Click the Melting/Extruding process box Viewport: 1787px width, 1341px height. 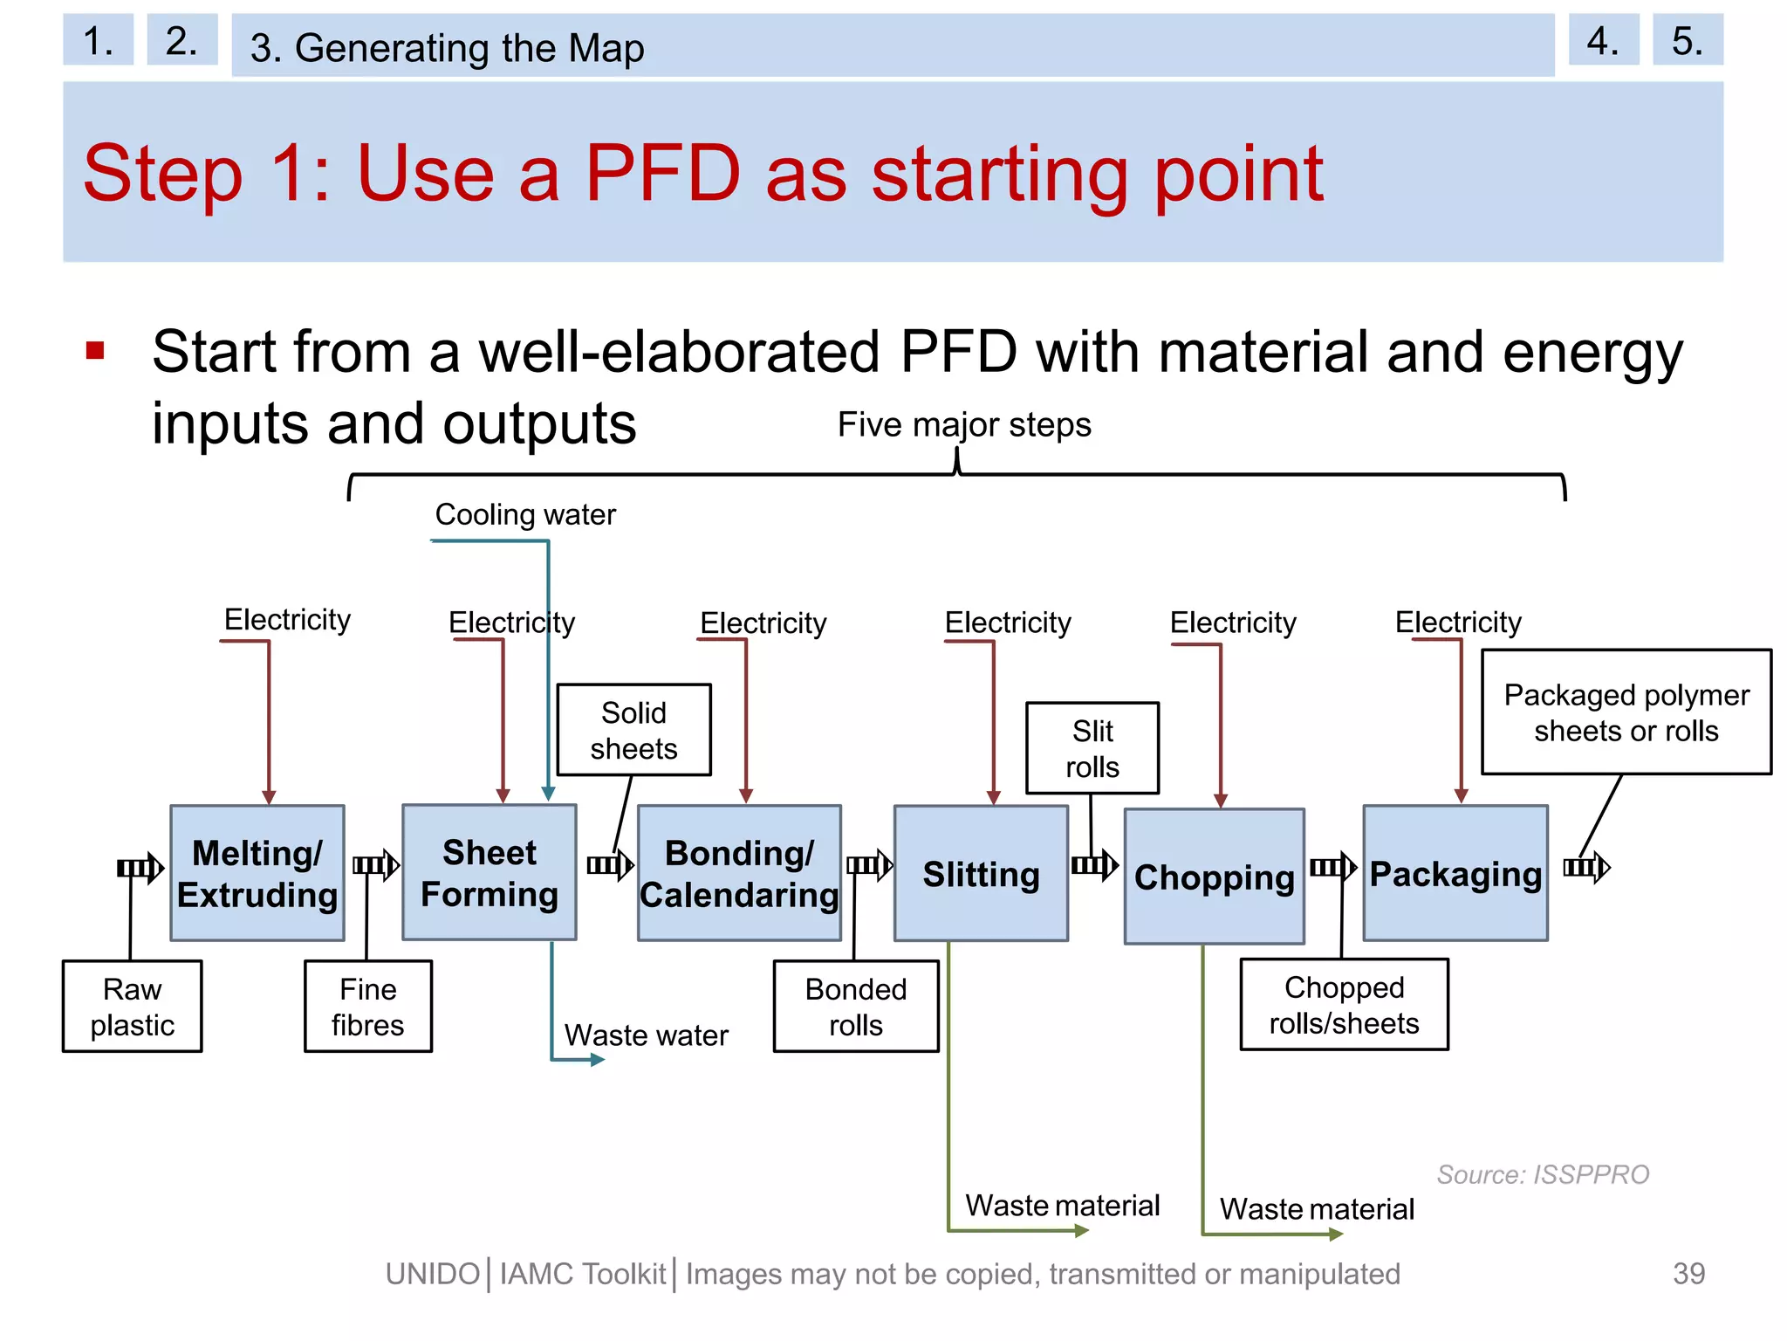point(257,873)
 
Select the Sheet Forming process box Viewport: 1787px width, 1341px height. point(489,872)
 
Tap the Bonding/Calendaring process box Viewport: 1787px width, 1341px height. point(739,873)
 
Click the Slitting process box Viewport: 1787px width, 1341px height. point(981,873)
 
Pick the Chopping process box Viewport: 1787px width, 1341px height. point(1214,876)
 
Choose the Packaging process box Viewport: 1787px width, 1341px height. point(1455,873)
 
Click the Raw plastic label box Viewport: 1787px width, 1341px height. point(132,1007)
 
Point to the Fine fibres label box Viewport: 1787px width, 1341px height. point(367,1007)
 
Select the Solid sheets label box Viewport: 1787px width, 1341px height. point(633,730)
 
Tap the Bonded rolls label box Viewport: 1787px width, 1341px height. point(856,1007)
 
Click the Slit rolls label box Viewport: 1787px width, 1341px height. point(1092,748)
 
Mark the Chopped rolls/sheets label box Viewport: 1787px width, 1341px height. point(1344,1005)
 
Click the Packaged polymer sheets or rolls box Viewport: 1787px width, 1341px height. point(1626,712)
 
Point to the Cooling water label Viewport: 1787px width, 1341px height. point(525,514)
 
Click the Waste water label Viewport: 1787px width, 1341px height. point(646,1035)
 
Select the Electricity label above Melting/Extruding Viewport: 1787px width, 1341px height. point(287,620)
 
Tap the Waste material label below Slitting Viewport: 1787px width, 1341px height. point(1062,1206)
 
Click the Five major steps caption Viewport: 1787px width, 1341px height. point(964,425)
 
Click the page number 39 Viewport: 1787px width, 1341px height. point(1688,1274)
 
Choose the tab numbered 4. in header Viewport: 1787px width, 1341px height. point(1603,40)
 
